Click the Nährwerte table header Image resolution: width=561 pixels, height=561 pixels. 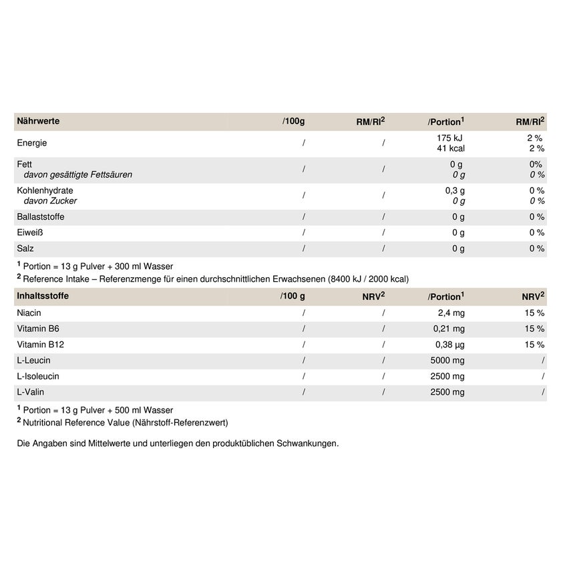click(x=38, y=122)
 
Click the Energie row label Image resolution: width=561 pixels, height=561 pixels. click(x=32, y=143)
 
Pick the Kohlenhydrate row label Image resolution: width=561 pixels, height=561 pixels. click(x=45, y=190)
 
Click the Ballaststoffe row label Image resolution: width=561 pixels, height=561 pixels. click(x=41, y=217)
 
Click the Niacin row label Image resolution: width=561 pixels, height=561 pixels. click(x=29, y=313)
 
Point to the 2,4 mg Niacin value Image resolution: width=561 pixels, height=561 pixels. click(x=451, y=313)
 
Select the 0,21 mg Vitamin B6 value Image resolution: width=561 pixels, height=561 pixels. click(x=448, y=329)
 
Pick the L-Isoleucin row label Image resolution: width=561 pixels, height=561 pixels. click(x=38, y=377)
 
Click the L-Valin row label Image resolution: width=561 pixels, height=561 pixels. click(x=30, y=393)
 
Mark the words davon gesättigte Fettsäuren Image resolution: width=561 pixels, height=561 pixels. click(x=78, y=175)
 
